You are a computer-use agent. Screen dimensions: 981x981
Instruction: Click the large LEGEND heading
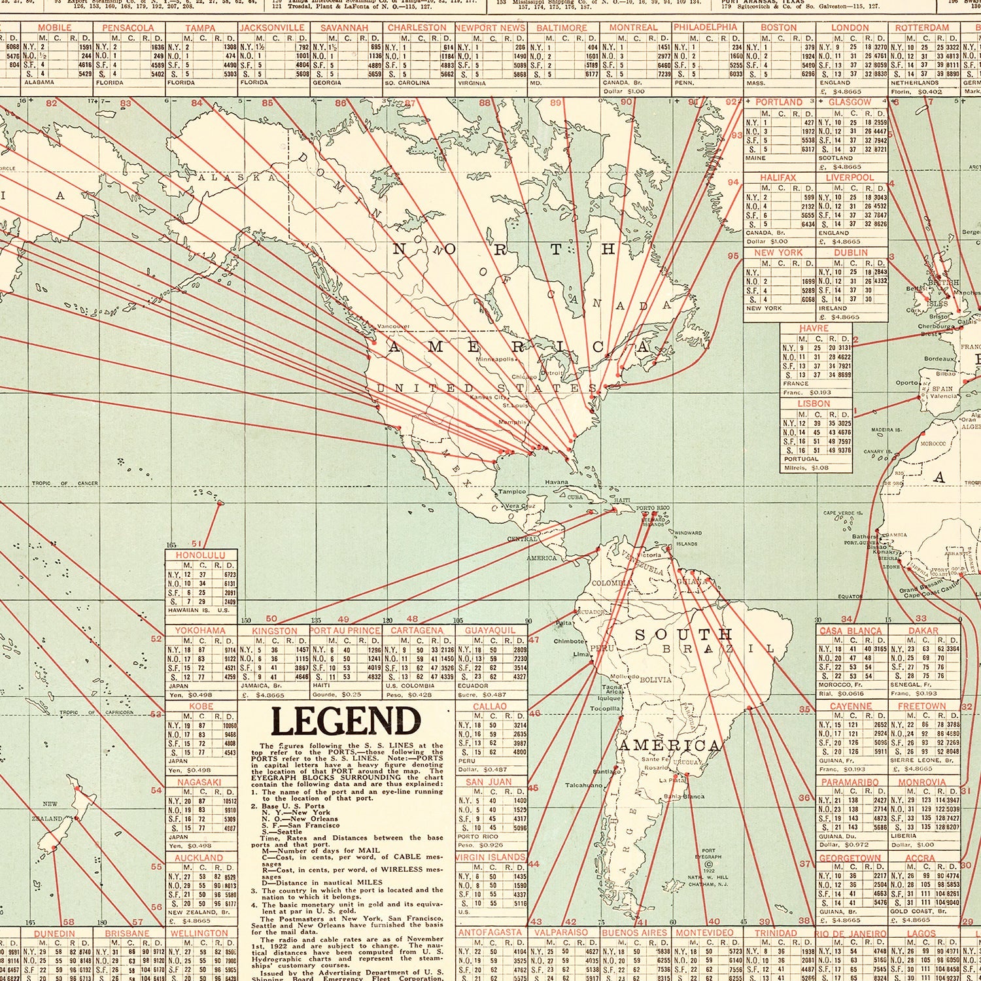(x=345, y=722)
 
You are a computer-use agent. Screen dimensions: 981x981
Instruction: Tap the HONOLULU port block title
(x=200, y=555)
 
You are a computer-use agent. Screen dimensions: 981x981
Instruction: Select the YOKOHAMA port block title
(x=200, y=630)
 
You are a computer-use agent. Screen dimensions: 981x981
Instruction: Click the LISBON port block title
(x=814, y=404)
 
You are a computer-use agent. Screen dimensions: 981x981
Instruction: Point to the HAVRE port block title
(x=814, y=328)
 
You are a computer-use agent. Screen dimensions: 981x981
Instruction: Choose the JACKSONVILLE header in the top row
(x=272, y=28)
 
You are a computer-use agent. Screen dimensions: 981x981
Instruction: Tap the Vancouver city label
(x=393, y=326)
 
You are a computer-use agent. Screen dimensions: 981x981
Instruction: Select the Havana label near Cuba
(x=557, y=482)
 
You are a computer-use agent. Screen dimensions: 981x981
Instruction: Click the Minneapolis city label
(x=495, y=359)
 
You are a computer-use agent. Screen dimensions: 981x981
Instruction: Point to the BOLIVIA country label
(x=655, y=680)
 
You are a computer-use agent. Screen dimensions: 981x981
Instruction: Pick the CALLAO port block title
(x=490, y=706)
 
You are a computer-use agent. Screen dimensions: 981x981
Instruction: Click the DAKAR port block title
(x=923, y=630)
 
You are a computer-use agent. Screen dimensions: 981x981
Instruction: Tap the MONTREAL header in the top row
(x=633, y=28)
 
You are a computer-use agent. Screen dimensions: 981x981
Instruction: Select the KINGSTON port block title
(x=274, y=630)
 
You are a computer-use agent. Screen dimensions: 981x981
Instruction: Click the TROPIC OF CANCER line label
(x=65, y=483)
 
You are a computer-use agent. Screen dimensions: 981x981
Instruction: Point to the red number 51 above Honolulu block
(x=197, y=543)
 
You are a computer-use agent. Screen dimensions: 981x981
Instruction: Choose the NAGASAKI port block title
(x=199, y=782)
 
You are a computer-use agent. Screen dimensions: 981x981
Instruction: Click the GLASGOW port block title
(x=850, y=103)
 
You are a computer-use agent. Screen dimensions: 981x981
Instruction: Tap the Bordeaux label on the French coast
(x=940, y=359)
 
